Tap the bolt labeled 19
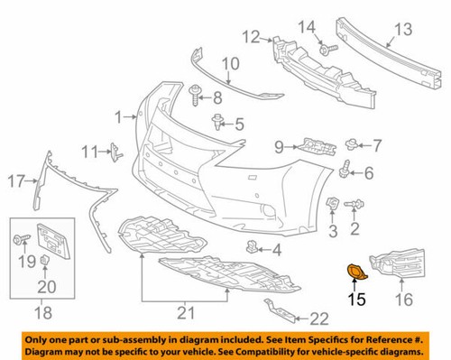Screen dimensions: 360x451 pos(20,239)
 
